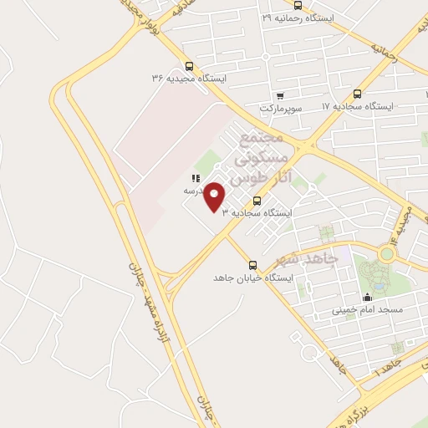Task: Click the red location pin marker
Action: pos(215,197)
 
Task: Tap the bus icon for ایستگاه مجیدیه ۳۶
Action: pos(189,66)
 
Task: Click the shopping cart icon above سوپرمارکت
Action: pos(279,95)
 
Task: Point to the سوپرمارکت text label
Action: pos(279,108)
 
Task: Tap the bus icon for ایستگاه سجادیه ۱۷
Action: pos(358,94)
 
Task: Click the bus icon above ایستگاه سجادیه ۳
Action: pos(257,201)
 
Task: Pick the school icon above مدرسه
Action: pos(195,178)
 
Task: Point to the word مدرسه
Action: pos(195,191)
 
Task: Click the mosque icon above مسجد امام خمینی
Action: pos(366,297)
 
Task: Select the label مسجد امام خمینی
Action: pos(368,309)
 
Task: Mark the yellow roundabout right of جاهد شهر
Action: pos(387,252)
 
